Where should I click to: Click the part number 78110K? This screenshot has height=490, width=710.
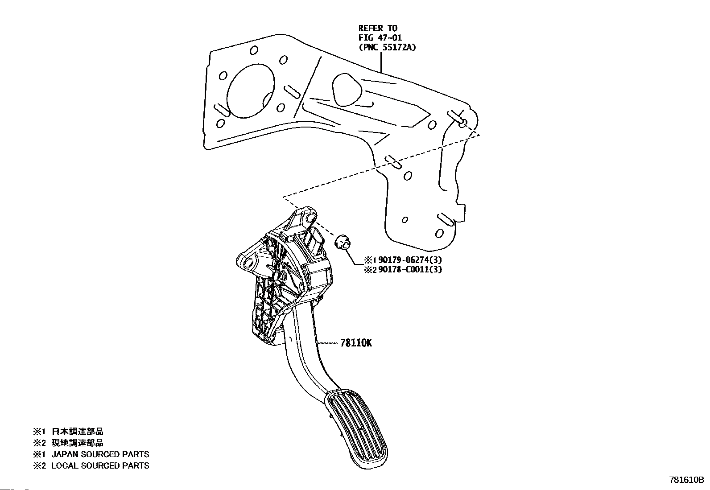click(356, 343)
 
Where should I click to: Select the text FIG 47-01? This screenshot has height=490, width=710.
click(380, 37)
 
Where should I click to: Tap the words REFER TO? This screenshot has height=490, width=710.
click(378, 28)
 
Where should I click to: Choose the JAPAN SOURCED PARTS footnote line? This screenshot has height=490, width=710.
click(100, 454)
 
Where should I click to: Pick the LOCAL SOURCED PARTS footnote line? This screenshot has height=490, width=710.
click(100, 465)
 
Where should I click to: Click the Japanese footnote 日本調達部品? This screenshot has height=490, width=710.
click(78, 432)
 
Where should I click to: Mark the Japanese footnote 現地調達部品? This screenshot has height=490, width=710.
click(78, 443)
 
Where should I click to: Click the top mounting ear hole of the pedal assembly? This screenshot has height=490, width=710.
click(308, 218)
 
